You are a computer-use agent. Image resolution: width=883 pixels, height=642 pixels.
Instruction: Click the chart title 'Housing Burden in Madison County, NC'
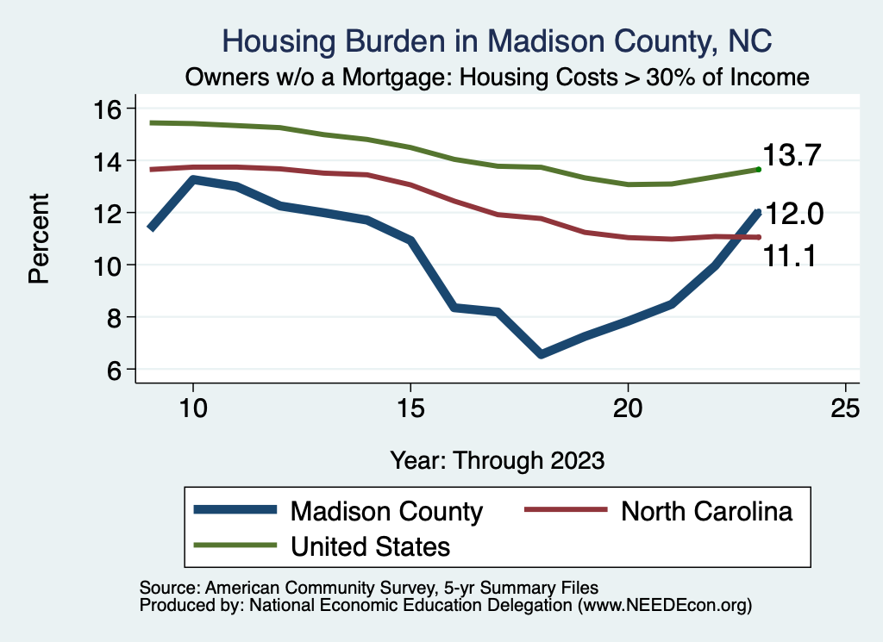coord(498,41)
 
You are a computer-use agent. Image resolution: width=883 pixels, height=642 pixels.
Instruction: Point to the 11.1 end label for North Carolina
coord(793,255)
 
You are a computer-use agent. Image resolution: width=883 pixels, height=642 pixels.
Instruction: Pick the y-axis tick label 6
coord(116,370)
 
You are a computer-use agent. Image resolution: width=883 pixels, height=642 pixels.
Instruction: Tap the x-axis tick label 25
coord(846,409)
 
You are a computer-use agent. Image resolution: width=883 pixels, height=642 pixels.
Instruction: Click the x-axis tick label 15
coord(410,409)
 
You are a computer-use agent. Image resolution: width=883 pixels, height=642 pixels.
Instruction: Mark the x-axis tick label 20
coord(628,409)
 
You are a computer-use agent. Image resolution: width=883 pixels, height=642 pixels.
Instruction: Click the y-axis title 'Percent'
coord(38,240)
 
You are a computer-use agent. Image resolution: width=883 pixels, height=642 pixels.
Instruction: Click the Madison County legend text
coord(387,511)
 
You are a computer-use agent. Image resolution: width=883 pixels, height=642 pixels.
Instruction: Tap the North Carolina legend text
coord(706,511)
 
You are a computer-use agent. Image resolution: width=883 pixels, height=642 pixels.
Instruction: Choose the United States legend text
coord(371,545)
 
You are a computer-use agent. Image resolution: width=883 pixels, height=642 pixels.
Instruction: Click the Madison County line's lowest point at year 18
coord(541,354)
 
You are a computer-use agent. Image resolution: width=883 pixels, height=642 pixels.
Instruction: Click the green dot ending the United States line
coord(758,169)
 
